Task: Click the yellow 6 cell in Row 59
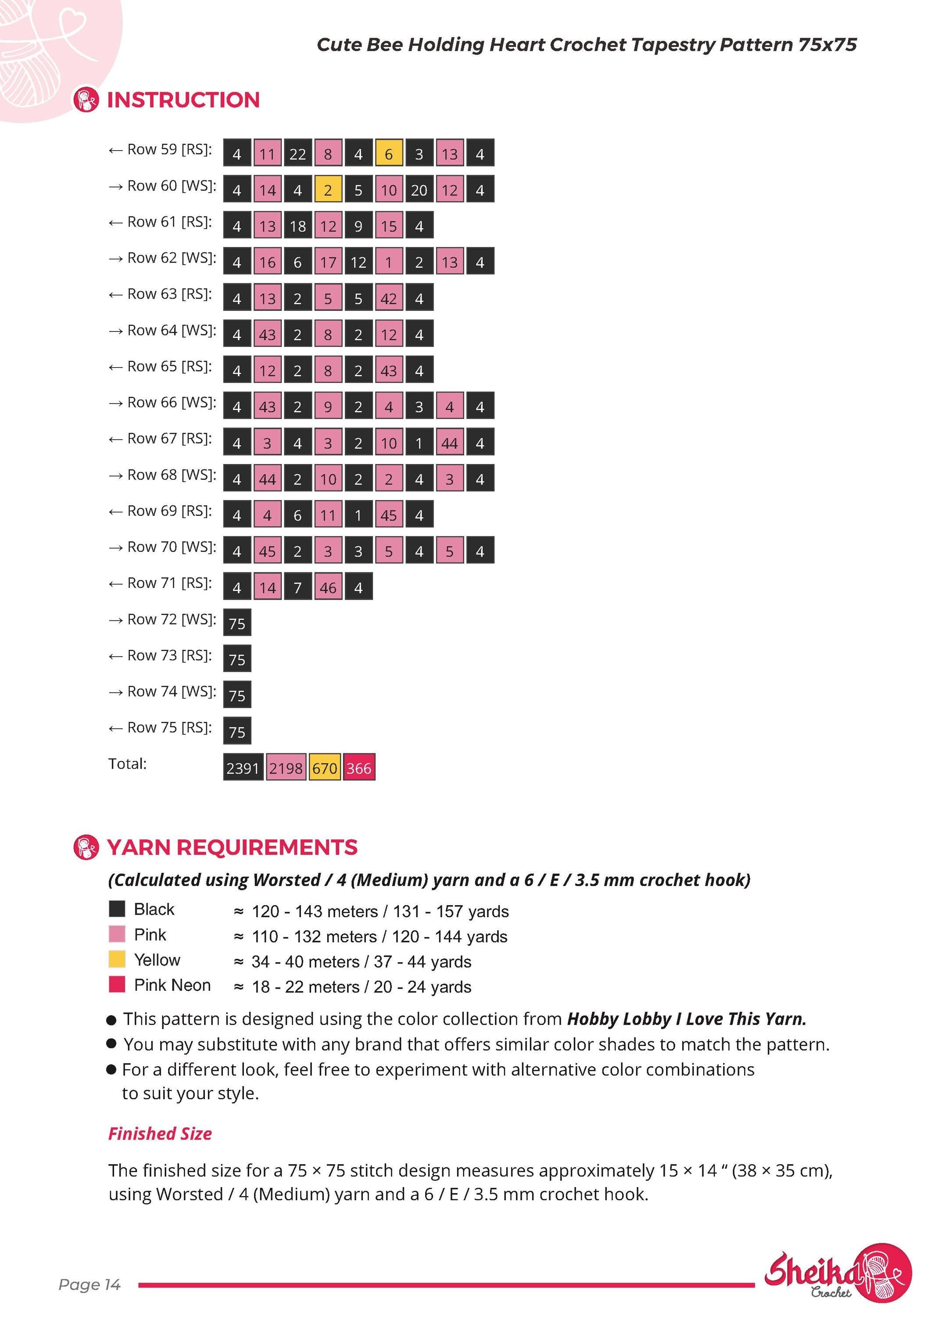tap(389, 153)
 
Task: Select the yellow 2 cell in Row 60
tap(328, 189)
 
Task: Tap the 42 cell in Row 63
tap(389, 298)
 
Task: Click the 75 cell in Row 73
tap(237, 659)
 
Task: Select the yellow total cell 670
tap(325, 767)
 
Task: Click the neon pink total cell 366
tap(359, 767)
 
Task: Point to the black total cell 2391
tap(243, 767)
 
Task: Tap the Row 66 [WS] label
tap(162, 403)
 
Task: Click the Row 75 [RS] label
tap(160, 727)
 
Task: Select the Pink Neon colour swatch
tap(117, 984)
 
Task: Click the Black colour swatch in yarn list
tap(117, 909)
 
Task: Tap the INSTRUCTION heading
tap(183, 100)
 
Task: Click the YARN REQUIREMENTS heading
tap(232, 847)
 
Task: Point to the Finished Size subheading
tap(160, 1133)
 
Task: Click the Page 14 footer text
tap(90, 1285)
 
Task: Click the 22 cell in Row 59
tap(297, 153)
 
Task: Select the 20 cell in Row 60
tap(419, 189)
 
